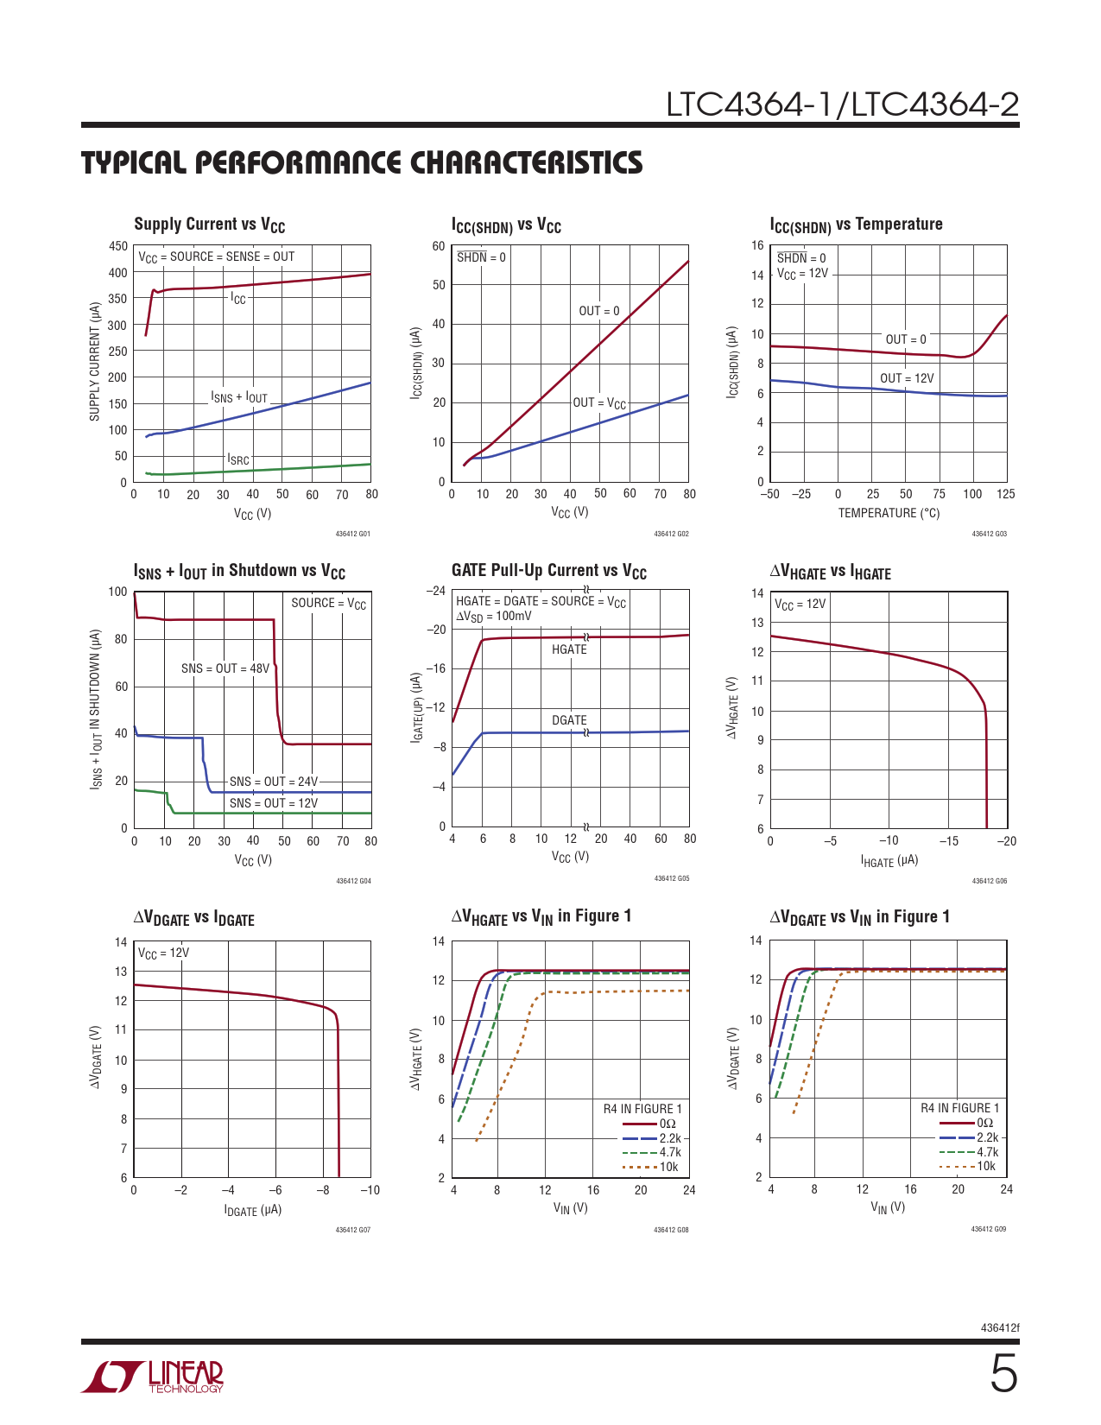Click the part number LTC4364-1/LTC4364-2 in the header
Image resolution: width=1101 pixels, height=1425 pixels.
(842, 105)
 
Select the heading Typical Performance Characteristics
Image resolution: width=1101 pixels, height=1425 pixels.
(362, 163)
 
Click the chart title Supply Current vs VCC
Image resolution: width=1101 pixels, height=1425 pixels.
(210, 225)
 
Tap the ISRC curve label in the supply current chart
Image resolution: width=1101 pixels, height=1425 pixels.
(238, 459)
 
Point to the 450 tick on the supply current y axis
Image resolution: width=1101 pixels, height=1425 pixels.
(118, 246)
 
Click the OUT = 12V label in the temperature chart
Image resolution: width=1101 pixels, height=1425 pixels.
(907, 378)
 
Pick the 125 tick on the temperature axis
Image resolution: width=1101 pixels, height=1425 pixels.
(1005, 494)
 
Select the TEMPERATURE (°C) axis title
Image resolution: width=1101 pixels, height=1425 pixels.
(889, 513)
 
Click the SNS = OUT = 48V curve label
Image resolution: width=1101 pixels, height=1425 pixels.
(225, 668)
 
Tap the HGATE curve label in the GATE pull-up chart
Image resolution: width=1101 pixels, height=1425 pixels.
(569, 649)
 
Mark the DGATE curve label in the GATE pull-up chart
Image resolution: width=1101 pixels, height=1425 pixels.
(569, 720)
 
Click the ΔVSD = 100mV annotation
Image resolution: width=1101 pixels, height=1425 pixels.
(494, 617)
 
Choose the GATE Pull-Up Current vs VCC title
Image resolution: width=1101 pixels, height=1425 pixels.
(549, 571)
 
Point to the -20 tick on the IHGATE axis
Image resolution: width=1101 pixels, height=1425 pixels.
(1006, 841)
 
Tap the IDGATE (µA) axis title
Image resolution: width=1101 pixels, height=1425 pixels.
(253, 1210)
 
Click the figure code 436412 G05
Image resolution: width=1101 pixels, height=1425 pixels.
(671, 878)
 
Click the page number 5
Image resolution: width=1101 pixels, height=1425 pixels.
(1003, 1374)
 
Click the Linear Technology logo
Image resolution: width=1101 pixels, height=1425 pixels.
(153, 1377)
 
